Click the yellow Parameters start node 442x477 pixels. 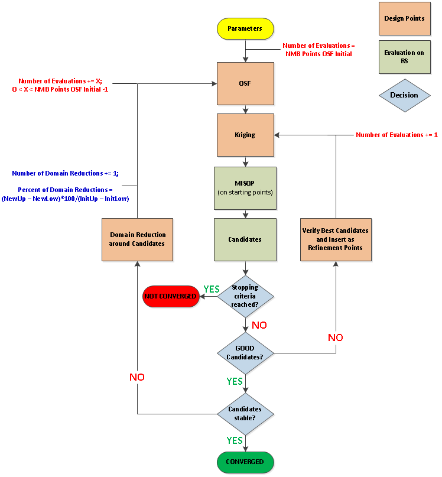point(245,28)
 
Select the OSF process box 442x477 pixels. point(245,83)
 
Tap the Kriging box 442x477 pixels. point(245,135)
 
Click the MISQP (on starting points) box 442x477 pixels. point(245,188)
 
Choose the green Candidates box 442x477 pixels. point(245,239)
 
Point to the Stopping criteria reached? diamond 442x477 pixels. point(245,296)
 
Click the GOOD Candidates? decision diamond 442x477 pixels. point(245,353)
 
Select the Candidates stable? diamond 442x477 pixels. point(245,413)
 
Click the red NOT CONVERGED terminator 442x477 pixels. point(170,296)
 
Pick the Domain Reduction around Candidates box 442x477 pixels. point(137,239)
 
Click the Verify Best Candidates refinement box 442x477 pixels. point(336,239)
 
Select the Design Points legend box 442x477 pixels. point(404,19)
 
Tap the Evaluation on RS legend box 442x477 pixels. point(404,57)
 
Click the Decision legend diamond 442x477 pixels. point(404,95)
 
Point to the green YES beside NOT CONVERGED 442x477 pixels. point(211,289)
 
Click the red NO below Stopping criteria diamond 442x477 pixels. point(259,325)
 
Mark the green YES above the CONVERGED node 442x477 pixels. point(235,440)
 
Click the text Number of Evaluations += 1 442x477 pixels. point(396,135)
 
